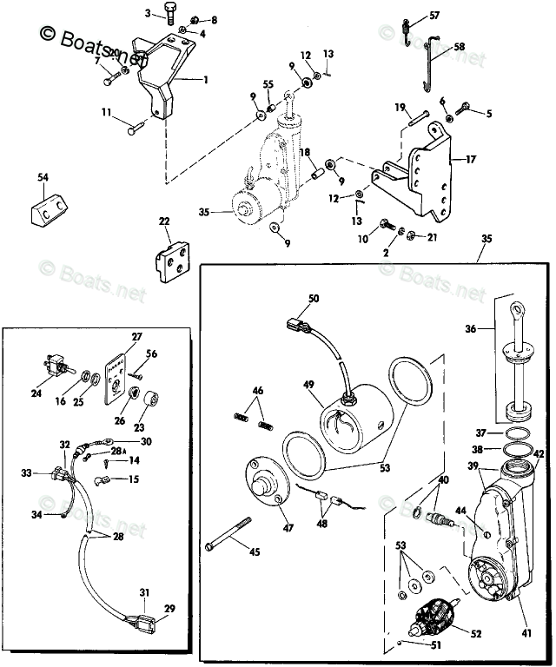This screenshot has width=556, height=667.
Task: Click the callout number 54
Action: click(43, 177)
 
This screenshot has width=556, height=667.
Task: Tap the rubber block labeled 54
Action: click(49, 207)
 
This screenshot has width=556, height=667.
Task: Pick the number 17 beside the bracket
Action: click(470, 159)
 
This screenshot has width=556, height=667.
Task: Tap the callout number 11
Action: click(105, 112)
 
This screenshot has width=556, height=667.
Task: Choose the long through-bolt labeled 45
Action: click(230, 546)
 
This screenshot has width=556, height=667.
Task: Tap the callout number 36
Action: click(471, 329)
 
